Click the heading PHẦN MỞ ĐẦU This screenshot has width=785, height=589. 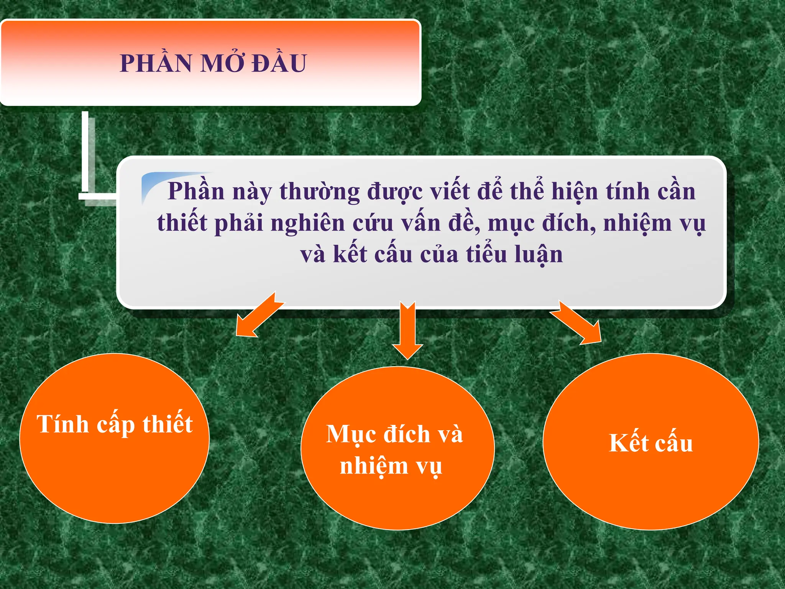[213, 63]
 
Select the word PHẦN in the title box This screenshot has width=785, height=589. [156, 63]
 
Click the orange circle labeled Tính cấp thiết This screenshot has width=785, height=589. [114, 438]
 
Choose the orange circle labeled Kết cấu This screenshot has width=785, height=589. [650, 442]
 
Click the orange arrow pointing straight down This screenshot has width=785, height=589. [407, 330]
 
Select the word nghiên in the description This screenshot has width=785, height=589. [307, 223]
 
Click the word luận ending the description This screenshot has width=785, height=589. [539, 255]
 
